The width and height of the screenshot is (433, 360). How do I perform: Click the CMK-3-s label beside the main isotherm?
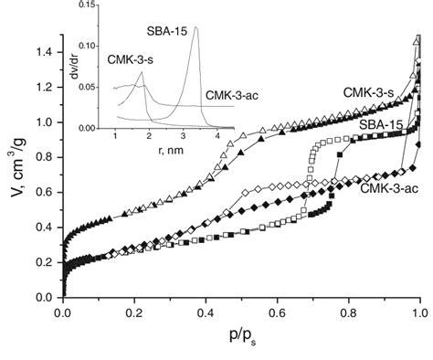pyautogui.click(x=368, y=92)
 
